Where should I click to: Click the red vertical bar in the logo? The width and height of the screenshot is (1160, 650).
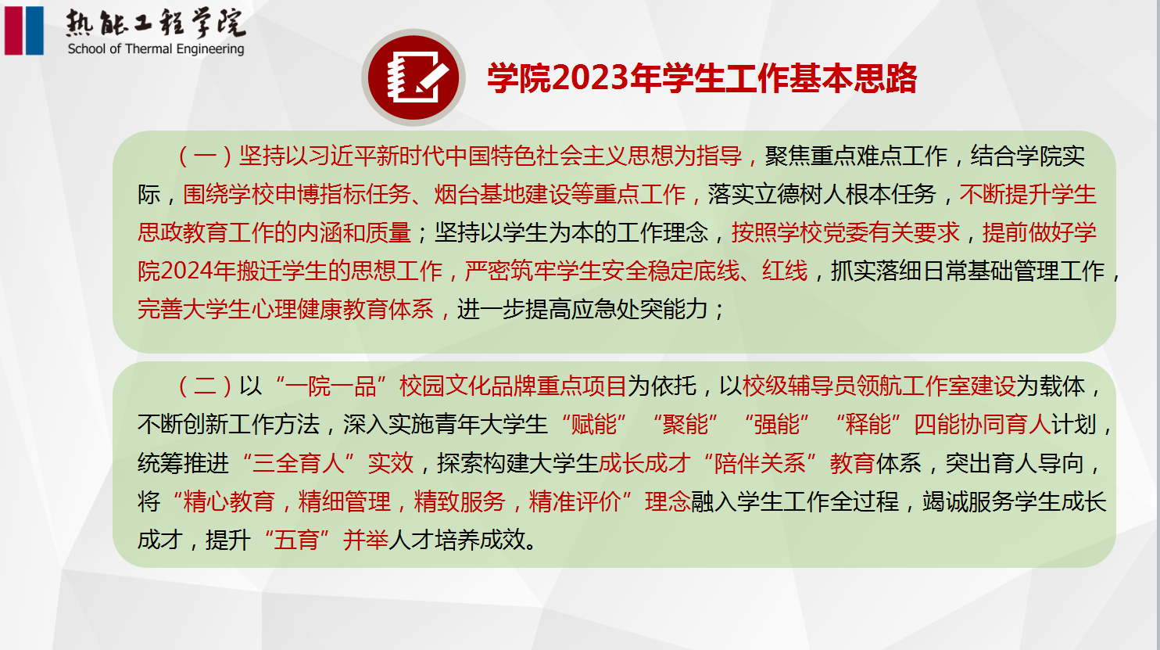pyautogui.click(x=13, y=30)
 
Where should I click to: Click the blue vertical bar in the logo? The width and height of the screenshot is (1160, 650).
pyautogui.click(x=34, y=30)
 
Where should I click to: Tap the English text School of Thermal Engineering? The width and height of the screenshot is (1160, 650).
pyautogui.click(x=156, y=49)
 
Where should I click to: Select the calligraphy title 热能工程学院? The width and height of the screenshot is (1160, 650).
pyautogui.click(x=156, y=23)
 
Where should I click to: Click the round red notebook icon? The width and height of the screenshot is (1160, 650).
pyautogui.click(x=414, y=77)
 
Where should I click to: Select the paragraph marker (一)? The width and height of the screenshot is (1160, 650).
pyautogui.click(x=205, y=156)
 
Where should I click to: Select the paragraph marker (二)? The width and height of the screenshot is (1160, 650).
pyautogui.click(x=205, y=386)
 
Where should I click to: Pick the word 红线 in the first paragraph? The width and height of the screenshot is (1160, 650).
pyautogui.click(x=785, y=271)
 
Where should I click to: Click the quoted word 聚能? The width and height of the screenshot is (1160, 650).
pyautogui.click(x=685, y=425)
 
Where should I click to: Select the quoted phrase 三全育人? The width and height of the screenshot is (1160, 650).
pyautogui.click(x=298, y=463)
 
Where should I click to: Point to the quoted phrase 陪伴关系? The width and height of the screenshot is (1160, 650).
pyautogui.click(x=760, y=463)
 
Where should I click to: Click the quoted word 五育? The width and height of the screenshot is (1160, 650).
pyautogui.click(x=296, y=540)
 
